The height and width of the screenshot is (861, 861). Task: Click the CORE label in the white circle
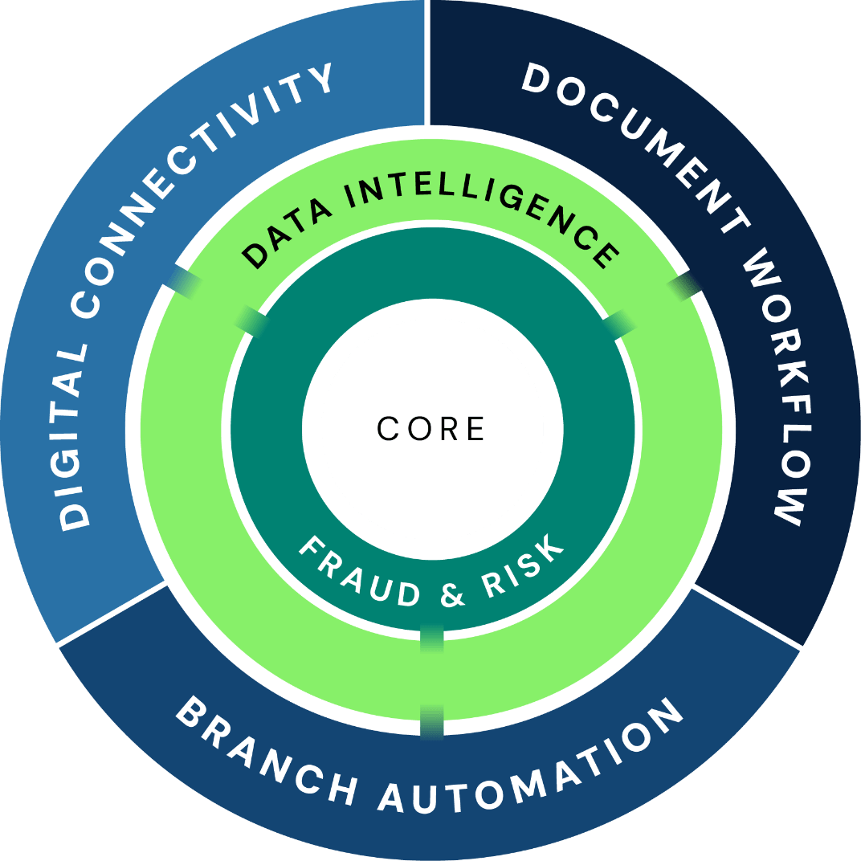(x=431, y=429)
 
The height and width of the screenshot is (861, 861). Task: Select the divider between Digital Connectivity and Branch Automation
(x=112, y=614)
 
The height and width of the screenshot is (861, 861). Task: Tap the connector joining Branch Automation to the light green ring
(x=432, y=720)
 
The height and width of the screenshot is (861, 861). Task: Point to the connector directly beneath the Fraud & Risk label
(x=432, y=639)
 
